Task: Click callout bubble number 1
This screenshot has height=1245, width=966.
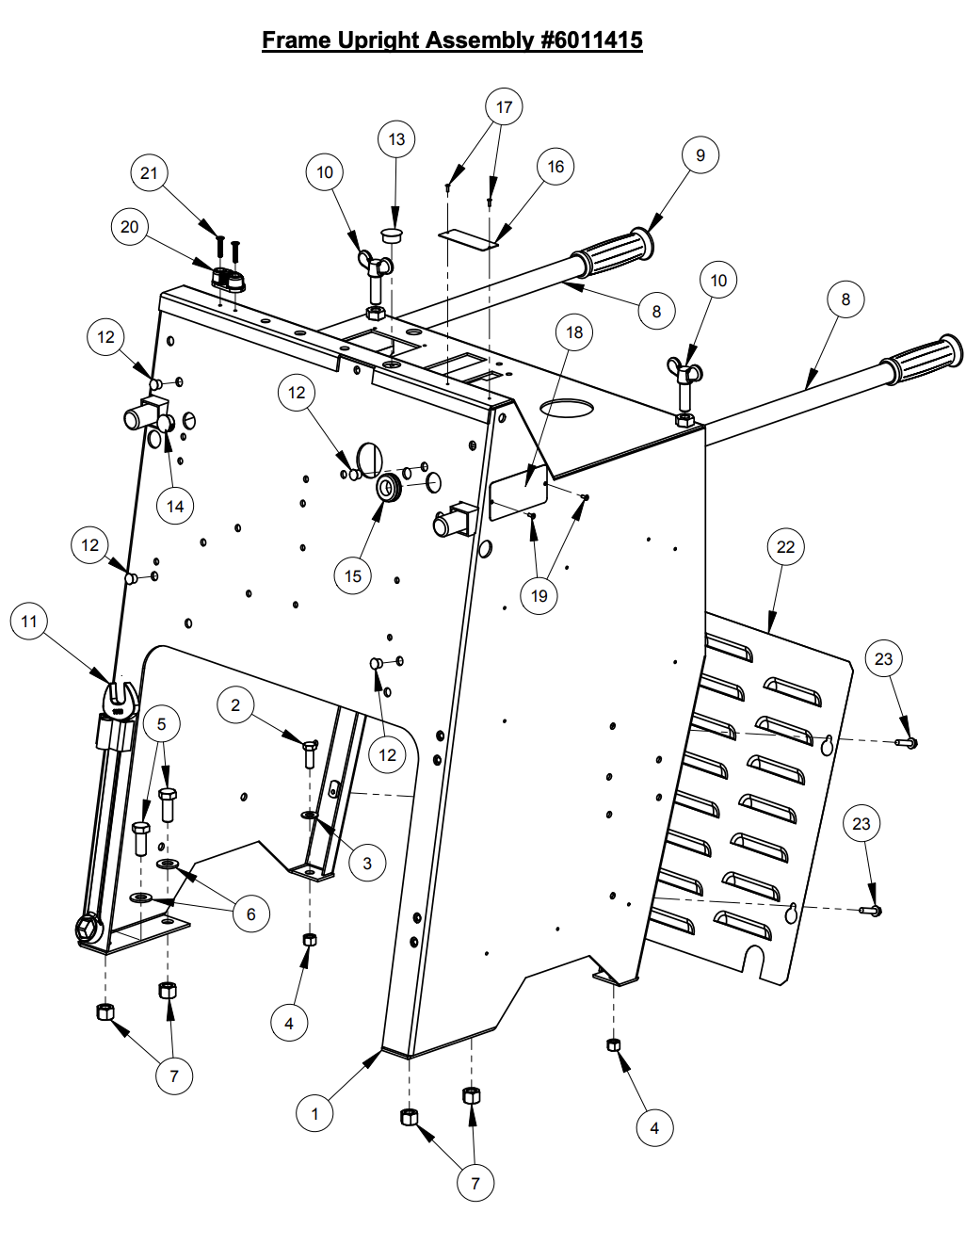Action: coord(314,1113)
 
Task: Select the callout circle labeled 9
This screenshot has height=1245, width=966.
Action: coord(700,155)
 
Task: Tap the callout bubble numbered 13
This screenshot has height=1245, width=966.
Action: coord(396,139)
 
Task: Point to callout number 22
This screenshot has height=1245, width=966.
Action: coord(785,547)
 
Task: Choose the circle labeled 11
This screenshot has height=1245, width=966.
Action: coord(29,622)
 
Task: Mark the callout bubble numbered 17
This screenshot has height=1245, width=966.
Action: coord(504,107)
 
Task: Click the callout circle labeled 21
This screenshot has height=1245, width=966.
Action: coord(149,172)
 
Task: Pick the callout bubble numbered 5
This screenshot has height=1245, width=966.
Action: coord(161,724)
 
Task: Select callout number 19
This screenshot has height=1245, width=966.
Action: coord(539,596)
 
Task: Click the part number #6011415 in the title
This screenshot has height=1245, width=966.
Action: coord(591,40)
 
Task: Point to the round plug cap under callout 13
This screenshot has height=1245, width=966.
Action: coord(393,233)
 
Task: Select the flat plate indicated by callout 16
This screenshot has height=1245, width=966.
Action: coord(468,239)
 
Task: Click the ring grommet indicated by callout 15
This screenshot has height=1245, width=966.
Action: coord(389,488)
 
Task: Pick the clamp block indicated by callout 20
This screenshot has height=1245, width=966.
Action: coord(228,280)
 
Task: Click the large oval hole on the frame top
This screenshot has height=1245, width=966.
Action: coord(567,409)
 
